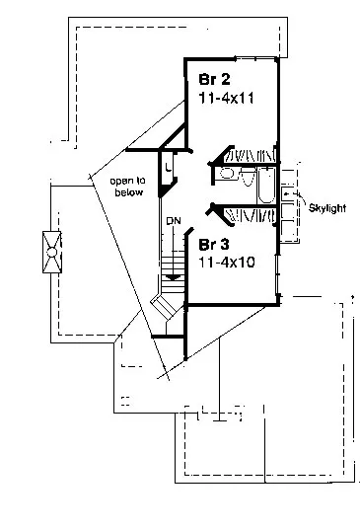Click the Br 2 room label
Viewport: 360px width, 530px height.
tap(215, 79)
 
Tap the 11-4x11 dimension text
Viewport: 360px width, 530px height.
tap(226, 98)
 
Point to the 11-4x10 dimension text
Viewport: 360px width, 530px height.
tap(226, 263)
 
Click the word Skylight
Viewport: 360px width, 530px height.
tap(327, 208)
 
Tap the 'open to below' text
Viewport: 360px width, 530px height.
tap(128, 187)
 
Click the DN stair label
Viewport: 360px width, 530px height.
tap(174, 221)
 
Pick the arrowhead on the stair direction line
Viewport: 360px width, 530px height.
tap(174, 277)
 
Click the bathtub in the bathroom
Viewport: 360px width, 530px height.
tap(266, 186)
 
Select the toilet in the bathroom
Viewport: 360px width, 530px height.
tap(249, 178)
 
